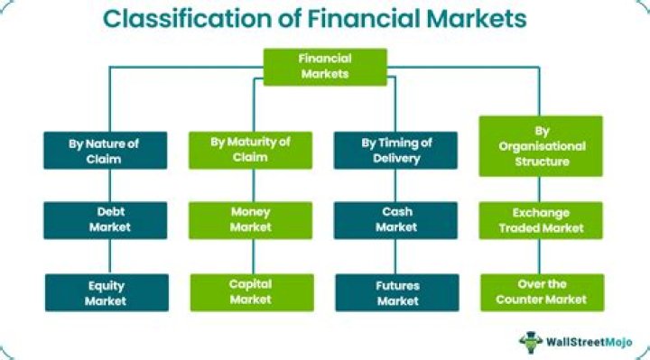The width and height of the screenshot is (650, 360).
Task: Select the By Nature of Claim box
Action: [106, 150]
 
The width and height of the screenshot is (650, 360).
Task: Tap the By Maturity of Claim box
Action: [250, 150]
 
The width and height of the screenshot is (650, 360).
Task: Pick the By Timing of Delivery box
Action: [395, 150]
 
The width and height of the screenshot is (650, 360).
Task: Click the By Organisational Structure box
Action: [540, 145]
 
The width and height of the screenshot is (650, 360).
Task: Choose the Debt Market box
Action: [106, 219]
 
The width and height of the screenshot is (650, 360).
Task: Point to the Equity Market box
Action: [106, 293]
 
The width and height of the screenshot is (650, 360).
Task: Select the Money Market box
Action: [250, 219]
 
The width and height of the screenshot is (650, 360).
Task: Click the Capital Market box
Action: [250, 293]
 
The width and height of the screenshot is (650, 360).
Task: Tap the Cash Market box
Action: [395, 219]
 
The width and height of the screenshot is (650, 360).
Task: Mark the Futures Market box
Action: [395, 293]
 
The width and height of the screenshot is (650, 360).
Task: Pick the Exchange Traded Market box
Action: [540, 219]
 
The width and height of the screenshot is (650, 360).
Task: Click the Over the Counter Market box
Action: [540, 293]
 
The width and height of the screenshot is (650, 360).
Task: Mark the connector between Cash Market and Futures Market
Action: [395, 256]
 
